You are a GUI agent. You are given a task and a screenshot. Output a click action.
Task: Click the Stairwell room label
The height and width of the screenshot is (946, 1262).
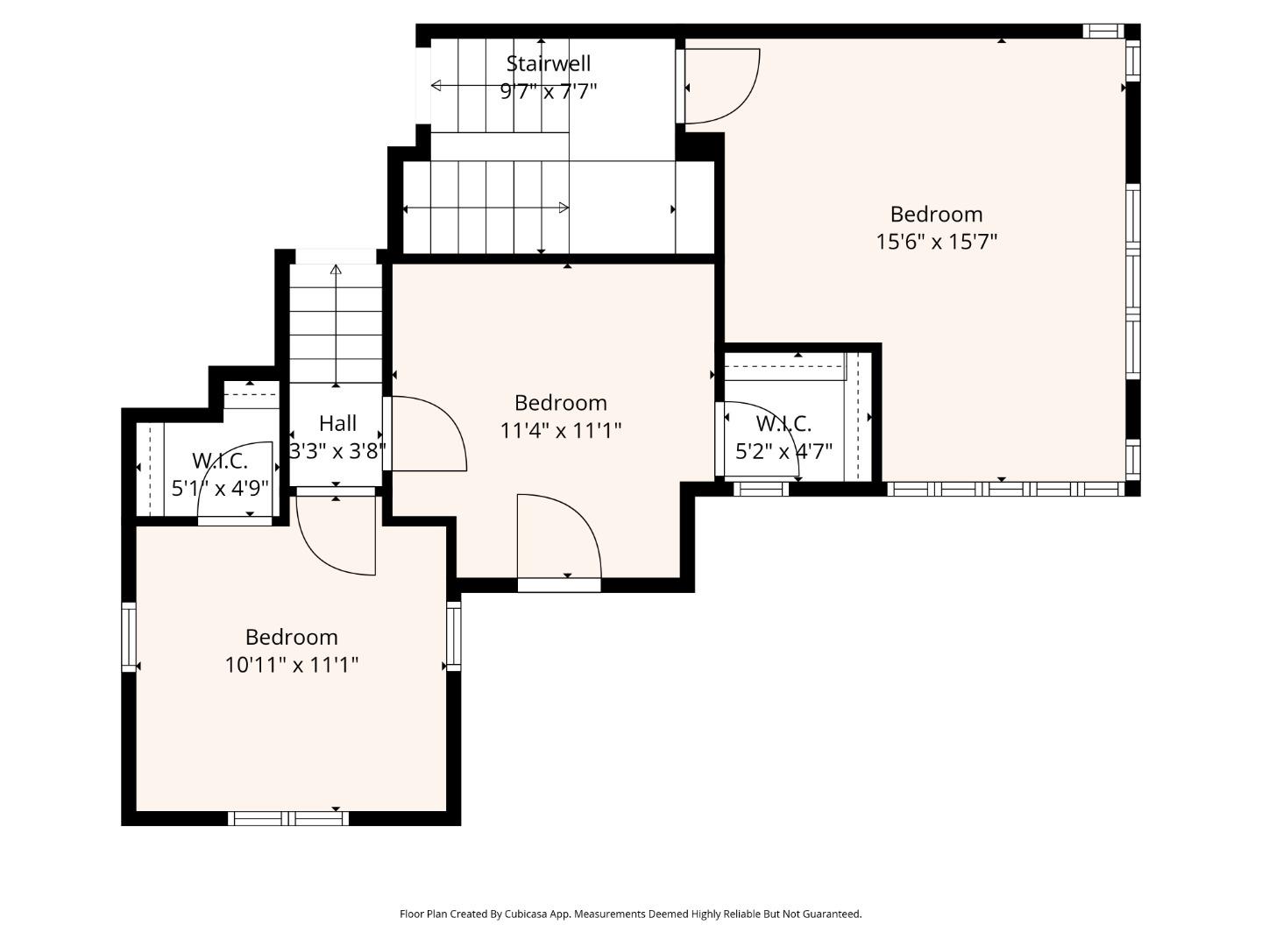pyautogui.click(x=548, y=64)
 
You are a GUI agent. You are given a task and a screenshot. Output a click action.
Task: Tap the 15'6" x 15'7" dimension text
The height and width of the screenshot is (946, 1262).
pyautogui.click(x=936, y=242)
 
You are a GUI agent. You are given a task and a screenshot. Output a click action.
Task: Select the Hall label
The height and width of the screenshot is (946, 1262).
pyautogui.click(x=337, y=423)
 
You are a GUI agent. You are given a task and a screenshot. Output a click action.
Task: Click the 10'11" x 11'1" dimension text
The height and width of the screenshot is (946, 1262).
pyautogui.click(x=291, y=665)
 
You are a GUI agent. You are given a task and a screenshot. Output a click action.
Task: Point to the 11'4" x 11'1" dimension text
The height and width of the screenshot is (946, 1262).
pyautogui.click(x=560, y=430)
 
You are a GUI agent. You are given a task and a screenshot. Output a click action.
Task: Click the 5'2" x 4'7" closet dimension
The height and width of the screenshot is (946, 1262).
pyautogui.click(x=783, y=451)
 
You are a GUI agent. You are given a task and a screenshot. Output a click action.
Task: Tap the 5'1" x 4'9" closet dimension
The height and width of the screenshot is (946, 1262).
pyautogui.click(x=219, y=488)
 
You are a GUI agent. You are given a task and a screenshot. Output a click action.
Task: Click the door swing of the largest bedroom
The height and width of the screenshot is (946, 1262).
pyautogui.click(x=720, y=86)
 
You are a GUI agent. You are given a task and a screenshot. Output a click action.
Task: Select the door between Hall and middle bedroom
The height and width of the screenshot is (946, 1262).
pyautogui.click(x=425, y=434)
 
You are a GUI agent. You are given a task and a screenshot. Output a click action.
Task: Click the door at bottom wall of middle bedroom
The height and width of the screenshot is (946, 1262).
pyautogui.click(x=559, y=539)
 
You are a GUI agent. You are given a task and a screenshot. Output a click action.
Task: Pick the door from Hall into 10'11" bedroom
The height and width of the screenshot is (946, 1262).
pyautogui.click(x=337, y=534)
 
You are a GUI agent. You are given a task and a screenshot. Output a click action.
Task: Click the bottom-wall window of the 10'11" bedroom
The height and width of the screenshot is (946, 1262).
pyautogui.click(x=288, y=818)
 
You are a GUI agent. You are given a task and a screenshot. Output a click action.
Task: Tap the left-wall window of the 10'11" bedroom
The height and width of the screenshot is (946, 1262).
pyautogui.click(x=129, y=637)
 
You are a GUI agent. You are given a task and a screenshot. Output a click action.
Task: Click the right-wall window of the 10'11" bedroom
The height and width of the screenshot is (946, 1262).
pyautogui.click(x=453, y=636)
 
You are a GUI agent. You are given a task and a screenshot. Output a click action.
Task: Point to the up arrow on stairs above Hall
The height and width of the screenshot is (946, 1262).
pyautogui.click(x=336, y=270)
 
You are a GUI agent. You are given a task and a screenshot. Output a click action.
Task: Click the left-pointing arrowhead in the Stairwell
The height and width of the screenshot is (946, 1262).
pyautogui.click(x=436, y=85)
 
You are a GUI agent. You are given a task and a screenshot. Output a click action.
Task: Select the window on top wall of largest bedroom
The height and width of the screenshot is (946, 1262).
pyautogui.click(x=1102, y=32)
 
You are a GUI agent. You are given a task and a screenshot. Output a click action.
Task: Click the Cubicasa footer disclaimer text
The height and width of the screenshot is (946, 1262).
pyautogui.click(x=630, y=914)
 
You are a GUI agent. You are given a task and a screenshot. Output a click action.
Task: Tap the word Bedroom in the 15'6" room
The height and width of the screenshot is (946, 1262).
pyautogui.click(x=936, y=215)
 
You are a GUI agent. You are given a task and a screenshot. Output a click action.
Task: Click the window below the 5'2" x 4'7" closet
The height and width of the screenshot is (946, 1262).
pyautogui.click(x=760, y=489)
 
